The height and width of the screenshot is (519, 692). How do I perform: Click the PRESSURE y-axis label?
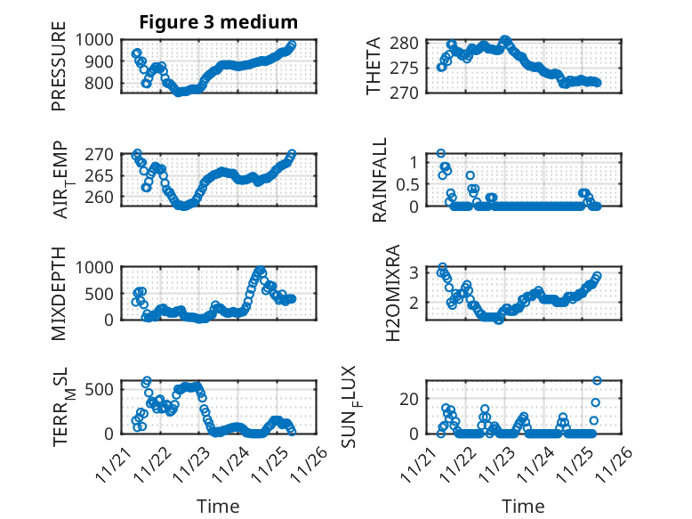(59, 72)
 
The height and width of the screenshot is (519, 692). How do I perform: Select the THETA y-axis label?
(374, 66)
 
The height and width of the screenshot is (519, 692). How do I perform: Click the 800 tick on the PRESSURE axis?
(101, 84)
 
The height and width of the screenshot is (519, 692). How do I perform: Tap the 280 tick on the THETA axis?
(405, 44)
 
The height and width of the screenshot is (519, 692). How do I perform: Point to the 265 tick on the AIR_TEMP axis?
(101, 175)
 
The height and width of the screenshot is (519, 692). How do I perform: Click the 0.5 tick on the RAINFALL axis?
(407, 184)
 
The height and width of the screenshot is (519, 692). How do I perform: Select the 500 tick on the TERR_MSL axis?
(101, 388)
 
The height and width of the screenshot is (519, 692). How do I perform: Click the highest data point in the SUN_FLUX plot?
(597, 381)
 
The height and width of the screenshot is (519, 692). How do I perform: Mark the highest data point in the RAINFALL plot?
(440, 154)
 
